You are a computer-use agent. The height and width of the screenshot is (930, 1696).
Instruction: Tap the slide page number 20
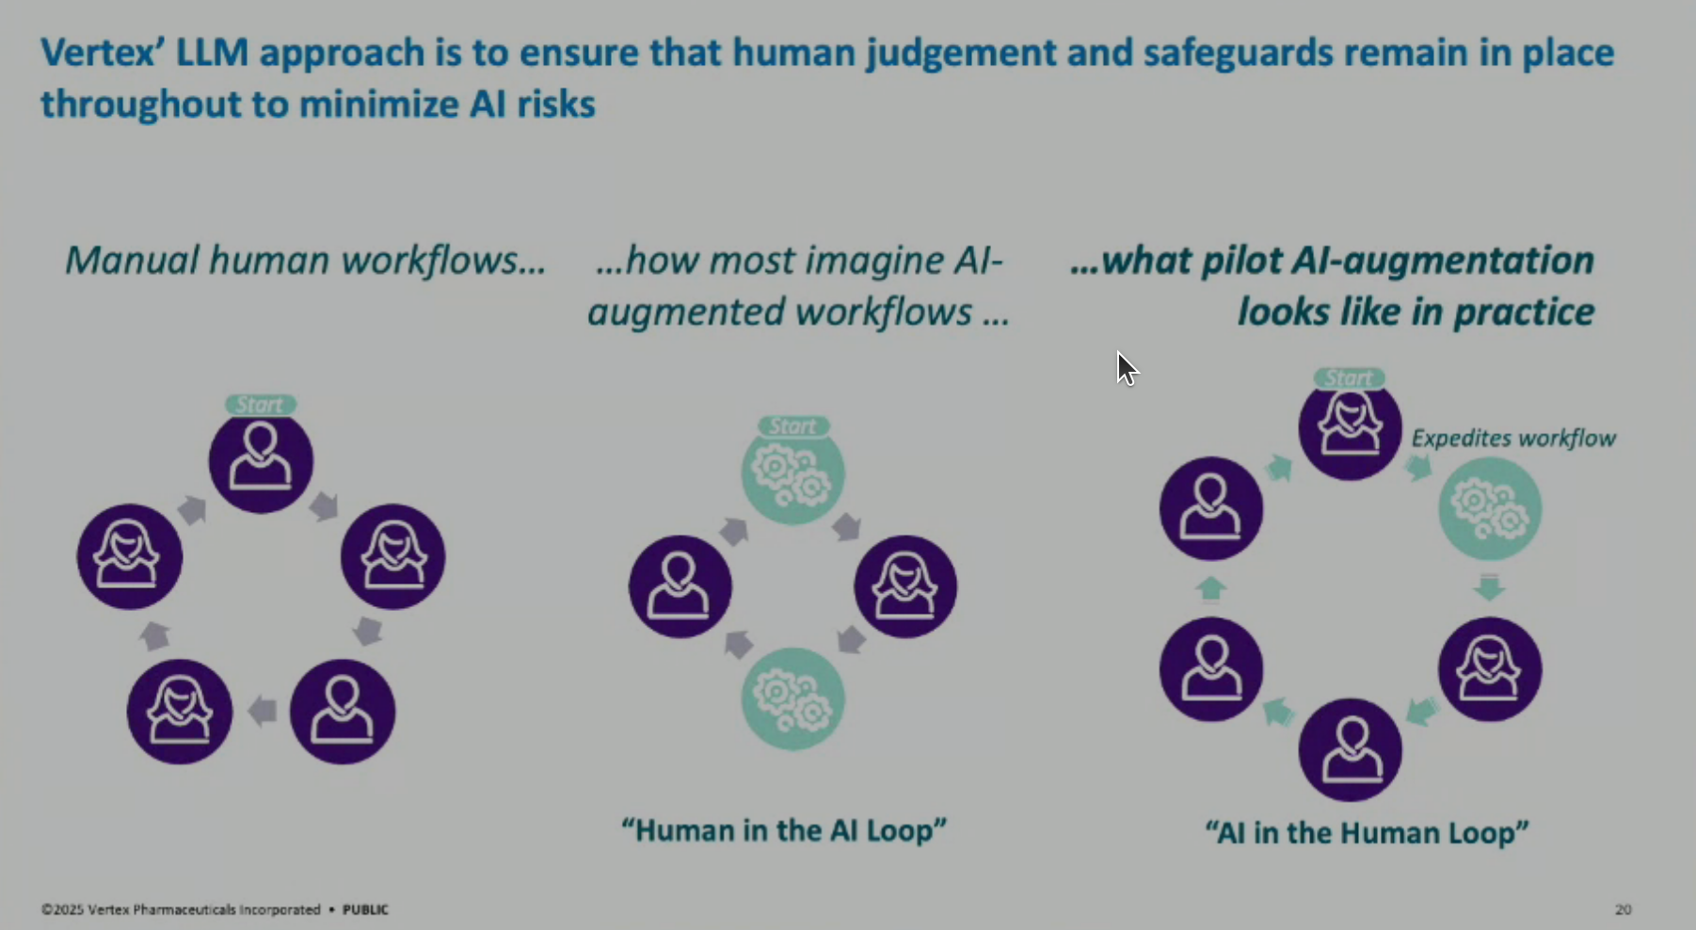(1623, 909)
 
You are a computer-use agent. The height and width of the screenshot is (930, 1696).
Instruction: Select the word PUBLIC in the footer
(365, 909)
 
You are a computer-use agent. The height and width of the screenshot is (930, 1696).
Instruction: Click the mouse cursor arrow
(1126, 368)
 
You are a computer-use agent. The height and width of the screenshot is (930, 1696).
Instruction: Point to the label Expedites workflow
(1513, 439)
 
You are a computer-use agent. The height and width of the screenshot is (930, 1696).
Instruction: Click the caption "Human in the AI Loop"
(784, 830)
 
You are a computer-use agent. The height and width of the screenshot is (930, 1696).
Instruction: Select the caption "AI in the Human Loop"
(1367, 832)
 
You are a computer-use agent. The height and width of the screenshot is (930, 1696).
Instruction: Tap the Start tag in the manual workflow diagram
(261, 405)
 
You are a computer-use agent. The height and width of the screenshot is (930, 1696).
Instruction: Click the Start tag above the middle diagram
(793, 426)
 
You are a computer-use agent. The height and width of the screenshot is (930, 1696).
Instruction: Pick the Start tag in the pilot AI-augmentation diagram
(1350, 378)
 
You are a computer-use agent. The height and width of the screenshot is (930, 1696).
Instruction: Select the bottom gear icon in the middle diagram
(793, 699)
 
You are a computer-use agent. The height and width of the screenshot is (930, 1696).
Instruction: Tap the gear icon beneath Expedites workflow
(1490, 508)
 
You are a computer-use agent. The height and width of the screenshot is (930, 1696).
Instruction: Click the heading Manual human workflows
(305, 261)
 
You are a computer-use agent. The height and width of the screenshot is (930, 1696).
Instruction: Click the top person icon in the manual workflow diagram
(261, 461)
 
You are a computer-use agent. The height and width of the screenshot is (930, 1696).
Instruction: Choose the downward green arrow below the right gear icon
(1489, 587)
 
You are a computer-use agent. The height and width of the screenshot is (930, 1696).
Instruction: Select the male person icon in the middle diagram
(680, 586)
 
